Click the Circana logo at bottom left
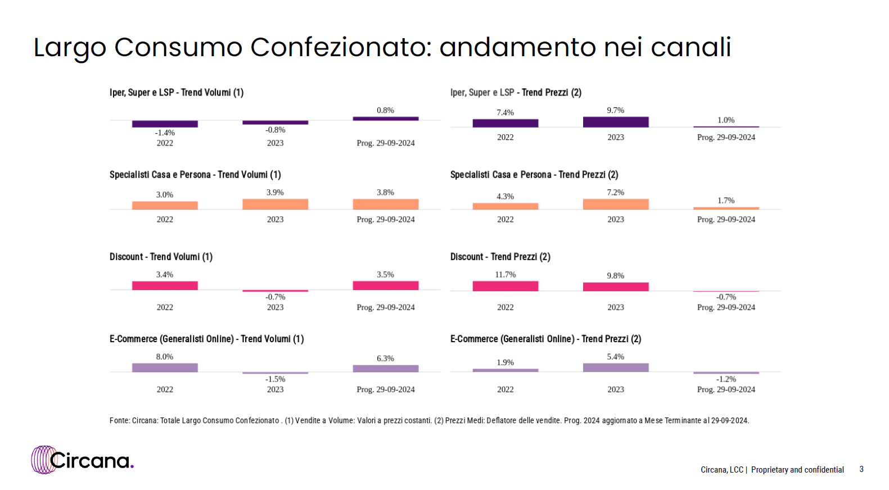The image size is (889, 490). tap(83, 460)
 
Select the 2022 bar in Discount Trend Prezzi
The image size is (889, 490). tap(505, 286)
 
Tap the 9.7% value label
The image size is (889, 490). tap(615, 110)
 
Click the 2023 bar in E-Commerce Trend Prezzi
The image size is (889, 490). tap(615, 367)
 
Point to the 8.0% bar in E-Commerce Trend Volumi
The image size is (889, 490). tap(165, 367)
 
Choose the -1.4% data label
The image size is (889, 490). tap(165, 133)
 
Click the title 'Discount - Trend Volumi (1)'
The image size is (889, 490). tap(161, 257)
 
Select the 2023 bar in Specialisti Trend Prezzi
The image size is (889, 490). tap(615, 204)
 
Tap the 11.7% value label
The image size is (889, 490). tap(505, 274)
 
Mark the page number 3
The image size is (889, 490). tap(861, 469)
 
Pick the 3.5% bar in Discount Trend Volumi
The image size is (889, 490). tap(385, 285)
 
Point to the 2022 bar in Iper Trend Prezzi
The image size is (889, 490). tap(505, 123)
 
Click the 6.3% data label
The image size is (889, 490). tap(385, 358)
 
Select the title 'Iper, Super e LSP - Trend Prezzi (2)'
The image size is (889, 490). tap(516, 93)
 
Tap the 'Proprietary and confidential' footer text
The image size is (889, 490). tap(797, 470)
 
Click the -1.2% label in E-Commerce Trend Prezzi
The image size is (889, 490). tap(726, 379)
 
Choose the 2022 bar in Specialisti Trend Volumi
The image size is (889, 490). tap(165, 205)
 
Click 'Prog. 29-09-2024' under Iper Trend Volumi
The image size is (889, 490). tap(385, 143)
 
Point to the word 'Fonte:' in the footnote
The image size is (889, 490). tap(120, 420)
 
